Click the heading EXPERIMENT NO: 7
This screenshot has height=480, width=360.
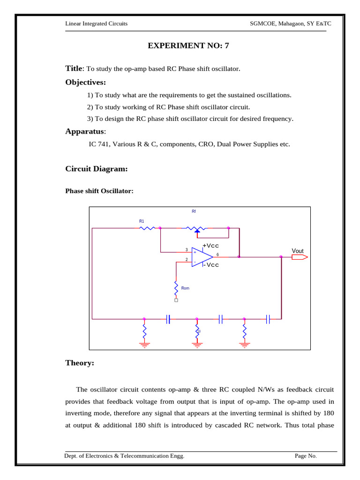(189, 45)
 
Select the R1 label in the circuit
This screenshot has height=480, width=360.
(142, 220)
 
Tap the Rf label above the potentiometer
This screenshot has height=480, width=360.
(194, 212)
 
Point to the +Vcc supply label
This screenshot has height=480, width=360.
(210, 246)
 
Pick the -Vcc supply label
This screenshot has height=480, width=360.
(211, 265)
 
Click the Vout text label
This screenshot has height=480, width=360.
(298, 251)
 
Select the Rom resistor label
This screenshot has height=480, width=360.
(185, 288)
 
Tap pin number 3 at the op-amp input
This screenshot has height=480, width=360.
(187, 249)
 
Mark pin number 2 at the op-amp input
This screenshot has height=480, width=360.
(187, 259)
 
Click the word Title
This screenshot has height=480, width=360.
(74, 68)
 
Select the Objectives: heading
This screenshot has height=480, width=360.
(85, 82)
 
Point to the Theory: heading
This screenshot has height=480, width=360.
(80, 363)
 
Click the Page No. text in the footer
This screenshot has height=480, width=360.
(306, 456)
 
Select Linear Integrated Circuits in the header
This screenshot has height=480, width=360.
(96, 23)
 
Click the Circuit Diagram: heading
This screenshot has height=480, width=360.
(96, 169)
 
